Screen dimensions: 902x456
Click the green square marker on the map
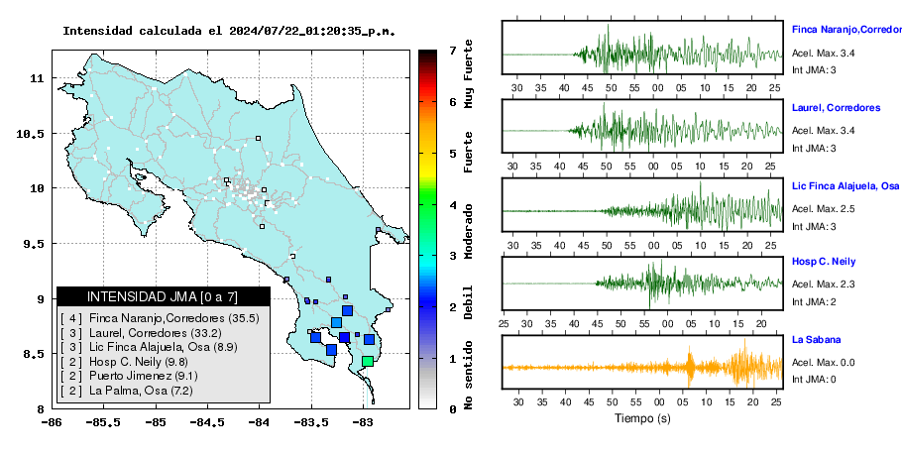pos(368,361)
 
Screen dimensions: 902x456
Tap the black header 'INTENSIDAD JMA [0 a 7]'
pos(164,296)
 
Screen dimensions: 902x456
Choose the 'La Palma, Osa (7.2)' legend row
pos(127,391)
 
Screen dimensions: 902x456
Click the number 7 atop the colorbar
pos(453,51)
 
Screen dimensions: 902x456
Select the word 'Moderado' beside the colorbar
pos(469,231)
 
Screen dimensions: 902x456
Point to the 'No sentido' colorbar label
pos(469,375)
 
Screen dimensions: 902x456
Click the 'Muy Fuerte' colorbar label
pos(469,74)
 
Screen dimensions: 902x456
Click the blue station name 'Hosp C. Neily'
pos(823,262)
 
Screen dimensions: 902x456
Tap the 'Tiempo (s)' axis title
pos(642,418)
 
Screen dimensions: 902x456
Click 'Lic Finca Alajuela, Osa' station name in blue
pos(846,185)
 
